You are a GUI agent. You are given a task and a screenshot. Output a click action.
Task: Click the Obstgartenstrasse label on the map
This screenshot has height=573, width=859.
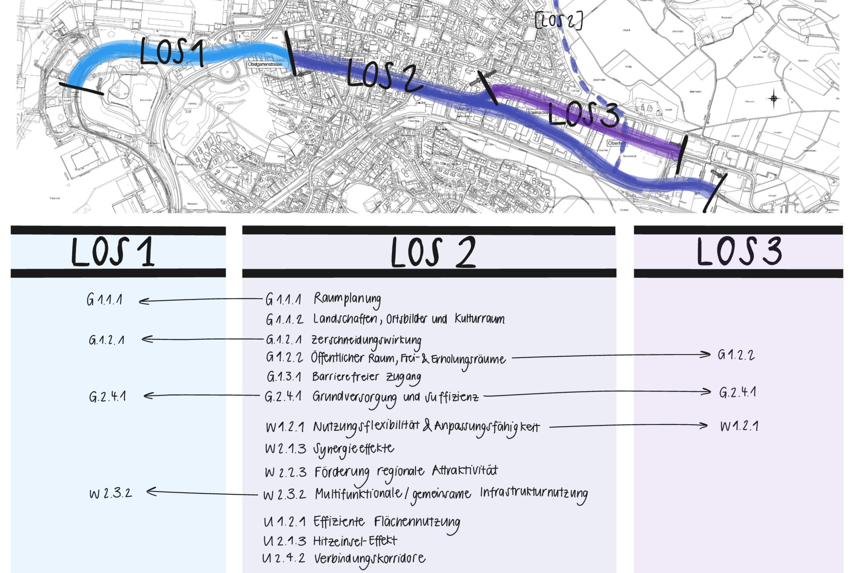tap(265, 64)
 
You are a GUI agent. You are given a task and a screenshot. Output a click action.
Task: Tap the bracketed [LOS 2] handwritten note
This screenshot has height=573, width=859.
tap(559, 21)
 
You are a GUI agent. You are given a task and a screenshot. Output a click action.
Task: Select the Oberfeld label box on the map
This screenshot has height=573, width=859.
tap(617, 143)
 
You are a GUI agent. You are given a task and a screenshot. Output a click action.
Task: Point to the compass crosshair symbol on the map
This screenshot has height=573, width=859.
tap(773, 98)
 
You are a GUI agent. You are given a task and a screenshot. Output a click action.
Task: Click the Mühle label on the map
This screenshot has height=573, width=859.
tap(462, 109)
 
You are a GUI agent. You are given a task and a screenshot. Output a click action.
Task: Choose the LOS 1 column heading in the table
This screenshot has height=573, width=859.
tap(113, 252)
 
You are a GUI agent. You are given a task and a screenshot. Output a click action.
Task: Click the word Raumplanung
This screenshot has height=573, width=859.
tap(347, 299)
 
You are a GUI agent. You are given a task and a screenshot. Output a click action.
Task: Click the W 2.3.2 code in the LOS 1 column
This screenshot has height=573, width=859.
tap(111, 493)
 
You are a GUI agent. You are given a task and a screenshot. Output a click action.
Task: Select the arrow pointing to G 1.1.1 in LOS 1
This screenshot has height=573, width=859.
tap(201, 300)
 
